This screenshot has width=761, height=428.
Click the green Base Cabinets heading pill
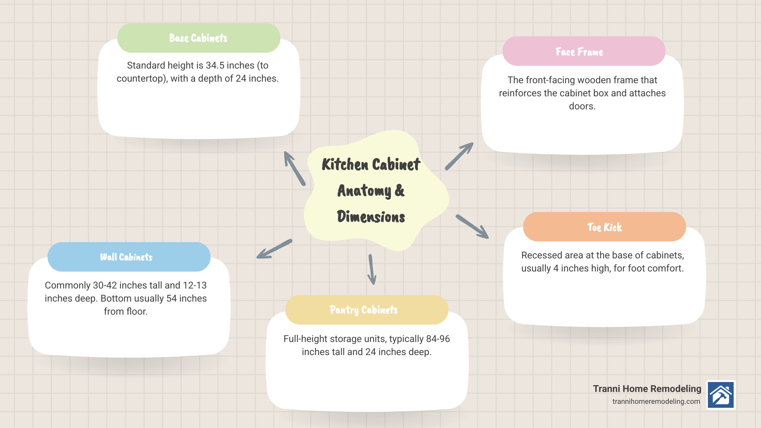click(199, 38)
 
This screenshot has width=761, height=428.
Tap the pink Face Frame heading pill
click(584, 51)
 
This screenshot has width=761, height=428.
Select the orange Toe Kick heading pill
click(604, 227)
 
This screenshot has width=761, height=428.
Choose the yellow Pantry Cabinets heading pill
click(367, 310)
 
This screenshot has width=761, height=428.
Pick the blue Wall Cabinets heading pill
click(129, 257)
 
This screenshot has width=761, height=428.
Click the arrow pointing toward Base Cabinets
click(294, 168)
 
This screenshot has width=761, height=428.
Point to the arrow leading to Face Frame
click(459, 156)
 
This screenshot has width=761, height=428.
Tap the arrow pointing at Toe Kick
click(472, 227)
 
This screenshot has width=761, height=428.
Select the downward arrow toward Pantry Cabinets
click(372, 269)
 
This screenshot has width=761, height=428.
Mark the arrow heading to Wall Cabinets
click(274, 249)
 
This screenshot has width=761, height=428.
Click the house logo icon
click(721, 395)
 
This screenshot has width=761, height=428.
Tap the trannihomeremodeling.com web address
click(656, 401)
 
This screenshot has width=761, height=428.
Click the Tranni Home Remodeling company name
click(647, 389)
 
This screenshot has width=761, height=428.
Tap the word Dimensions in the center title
click(371, 217)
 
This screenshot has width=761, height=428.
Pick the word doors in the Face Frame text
click(582, 106)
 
